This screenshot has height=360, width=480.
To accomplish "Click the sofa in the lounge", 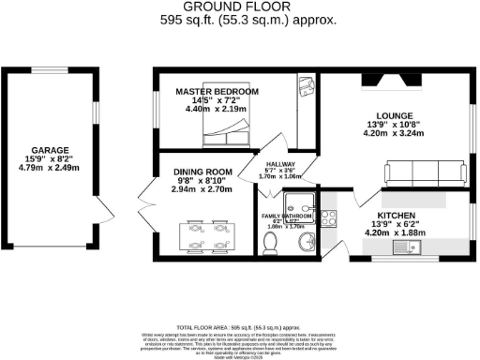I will (425, 172).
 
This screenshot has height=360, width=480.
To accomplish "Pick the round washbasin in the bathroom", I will (306, 243).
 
